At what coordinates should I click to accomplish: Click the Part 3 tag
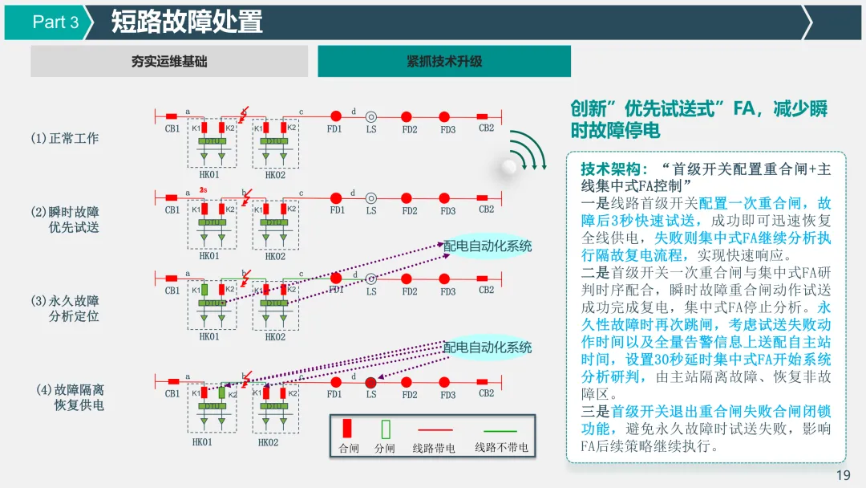(x=55, y=22)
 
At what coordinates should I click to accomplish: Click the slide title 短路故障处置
(x=186, y=22)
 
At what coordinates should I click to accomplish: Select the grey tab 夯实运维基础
(x=169, y=61)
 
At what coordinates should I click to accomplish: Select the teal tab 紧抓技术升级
(x=444, y=61)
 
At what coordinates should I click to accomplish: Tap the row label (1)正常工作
(x=64, y=138)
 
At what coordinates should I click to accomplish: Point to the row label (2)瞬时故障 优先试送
(x=66, y=219)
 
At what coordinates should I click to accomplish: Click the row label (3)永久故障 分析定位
(x=66, y=308)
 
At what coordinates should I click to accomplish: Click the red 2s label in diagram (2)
(x=204, y=190)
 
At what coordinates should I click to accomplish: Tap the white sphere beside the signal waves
(x=508, y=166)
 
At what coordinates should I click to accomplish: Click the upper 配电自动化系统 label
(x=488, y=246)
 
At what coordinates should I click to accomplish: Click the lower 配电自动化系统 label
(x=488, y=347)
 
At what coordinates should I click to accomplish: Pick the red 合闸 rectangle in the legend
(x=347, y=429)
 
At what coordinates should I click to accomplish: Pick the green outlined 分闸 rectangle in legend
(x=385, y=429)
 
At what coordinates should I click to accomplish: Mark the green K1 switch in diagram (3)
(x=206, y=289)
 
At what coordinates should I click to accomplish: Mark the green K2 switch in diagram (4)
(x=222, y=392)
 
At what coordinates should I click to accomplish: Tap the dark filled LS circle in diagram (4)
(x=370, y=382)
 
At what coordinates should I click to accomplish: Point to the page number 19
(x=843, y=475)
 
